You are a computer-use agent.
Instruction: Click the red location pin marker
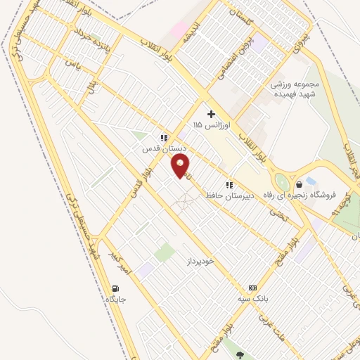181,167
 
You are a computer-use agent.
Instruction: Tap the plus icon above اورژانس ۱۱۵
210,113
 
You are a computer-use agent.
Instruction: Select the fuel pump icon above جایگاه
115,288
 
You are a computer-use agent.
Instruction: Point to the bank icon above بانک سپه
252,288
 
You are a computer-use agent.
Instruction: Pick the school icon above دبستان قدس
164,139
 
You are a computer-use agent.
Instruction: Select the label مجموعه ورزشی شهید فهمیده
296,88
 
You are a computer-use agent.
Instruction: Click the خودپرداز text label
199,261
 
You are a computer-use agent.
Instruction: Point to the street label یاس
68,63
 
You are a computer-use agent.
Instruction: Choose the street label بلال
91,86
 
